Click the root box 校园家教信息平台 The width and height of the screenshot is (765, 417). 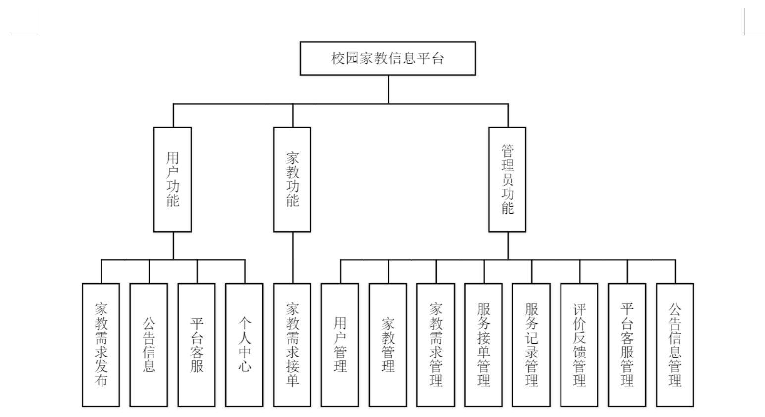pyautogui.click(x=388, y=59)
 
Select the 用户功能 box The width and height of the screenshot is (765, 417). pyautogui.click(x=172, y=179)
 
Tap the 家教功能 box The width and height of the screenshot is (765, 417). pyautogui.click(x=292, y=179)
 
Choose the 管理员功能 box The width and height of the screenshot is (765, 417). pyautogui.click(x=507, y=179)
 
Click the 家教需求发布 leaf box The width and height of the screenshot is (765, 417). pyautogui.click(x=101, y=345)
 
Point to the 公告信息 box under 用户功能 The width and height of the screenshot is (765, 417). pyautogui.click(x=149, y=345)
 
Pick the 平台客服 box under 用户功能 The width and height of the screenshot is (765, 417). pyautogui.click(x=197, y=345)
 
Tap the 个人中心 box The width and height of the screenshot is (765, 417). pyautogui.click(x=245, y=345)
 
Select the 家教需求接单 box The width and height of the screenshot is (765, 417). pyautogui.click(x=292, y=345)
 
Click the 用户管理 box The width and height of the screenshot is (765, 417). pyautogui.click(x=340, y=345)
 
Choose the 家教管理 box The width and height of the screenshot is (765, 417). pyautogui.click(x=388, y=345)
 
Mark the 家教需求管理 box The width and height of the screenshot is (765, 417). pyautogui.click(x=436, y=345)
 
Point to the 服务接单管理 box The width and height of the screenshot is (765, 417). pyautogui.click(x=484, y=345)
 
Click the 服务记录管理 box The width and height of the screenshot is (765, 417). pyautogui.click(x=531, y=345)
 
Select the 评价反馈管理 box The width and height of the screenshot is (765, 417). pyautogui.click(x=579, y=345)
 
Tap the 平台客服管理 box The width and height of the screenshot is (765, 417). pyautogui.click(x=627, y=345)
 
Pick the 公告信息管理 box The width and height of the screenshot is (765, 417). pyautogui.click(x=675, y=345)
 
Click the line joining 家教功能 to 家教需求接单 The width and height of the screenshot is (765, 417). pyautogui.click(x=293, y=257)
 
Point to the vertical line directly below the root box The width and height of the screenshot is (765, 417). pyautogui.click(x=388, y=89)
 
